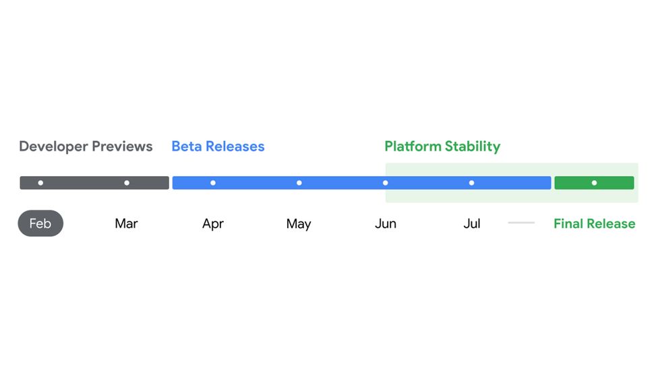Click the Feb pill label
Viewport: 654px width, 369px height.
(x=40, y=223)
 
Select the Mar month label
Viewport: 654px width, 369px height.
(x=126, y=224)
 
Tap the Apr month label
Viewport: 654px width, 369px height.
(x=212, y=224)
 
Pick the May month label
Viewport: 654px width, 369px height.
(x=299, y=224)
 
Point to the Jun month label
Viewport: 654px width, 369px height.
(x=386, y=224)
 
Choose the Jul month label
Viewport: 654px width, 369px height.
(x=472, y=224)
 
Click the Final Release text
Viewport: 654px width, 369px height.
(x=595, y=224)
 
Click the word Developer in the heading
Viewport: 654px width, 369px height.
(x=53, y=146)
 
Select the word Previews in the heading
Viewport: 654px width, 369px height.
(x=122, y=146)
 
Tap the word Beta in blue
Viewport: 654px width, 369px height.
(x=187, y=146)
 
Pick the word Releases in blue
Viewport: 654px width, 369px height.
(x=235, y=146)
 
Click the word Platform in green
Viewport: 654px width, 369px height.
(x=413, y=146)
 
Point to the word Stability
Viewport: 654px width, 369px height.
(x=473, y=146)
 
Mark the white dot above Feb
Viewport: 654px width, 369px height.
(x=40, y=183)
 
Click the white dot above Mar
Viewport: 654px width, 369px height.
(x=127, y=183)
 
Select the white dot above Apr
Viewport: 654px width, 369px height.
(x=212, y=183)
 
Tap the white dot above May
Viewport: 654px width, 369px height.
(x=299, y=183)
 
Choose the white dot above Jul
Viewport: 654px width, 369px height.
(x=471, y=183)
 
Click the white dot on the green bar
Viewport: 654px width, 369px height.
(x=595, y=183)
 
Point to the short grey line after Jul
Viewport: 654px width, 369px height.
(x=521, y=223)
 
